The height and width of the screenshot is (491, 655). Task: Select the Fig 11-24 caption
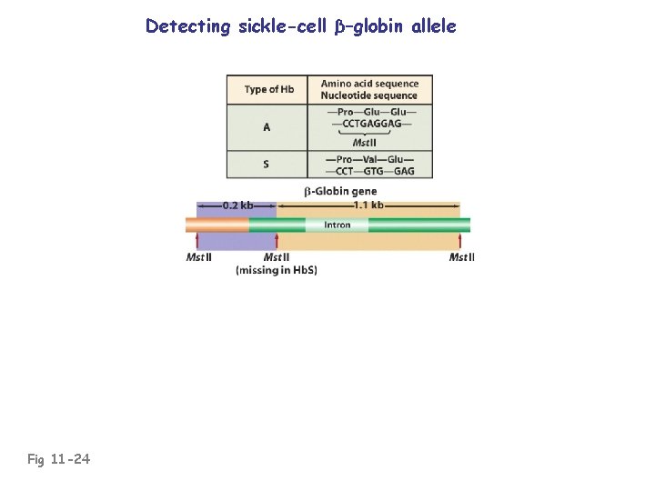(x=58, y=459)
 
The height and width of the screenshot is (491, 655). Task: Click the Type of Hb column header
(x=268, y=90)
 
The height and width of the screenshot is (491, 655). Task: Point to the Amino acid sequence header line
(x=369, y=84)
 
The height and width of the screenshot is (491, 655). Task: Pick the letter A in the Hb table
(x=267, y=127)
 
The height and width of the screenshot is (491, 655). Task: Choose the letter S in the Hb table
(x=267, y=165)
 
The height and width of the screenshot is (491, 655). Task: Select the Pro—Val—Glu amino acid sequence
(x=369, y=159)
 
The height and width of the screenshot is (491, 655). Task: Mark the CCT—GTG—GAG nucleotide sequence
(x=369, y=171)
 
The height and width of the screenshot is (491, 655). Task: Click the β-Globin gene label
(x=339, y=191)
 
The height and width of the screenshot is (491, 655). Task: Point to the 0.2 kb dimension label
(x=238, y=205)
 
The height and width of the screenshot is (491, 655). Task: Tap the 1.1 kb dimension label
(x=368, y=205)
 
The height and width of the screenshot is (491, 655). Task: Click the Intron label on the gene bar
(x=337, y=225)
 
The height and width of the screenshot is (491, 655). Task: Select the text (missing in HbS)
(x=277, y=270)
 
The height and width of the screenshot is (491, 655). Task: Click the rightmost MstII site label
(x=461, y=257)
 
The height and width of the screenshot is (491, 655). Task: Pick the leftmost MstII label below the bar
(x=199, y=257)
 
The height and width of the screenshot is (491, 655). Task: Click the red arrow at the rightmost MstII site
(x=459, y=241)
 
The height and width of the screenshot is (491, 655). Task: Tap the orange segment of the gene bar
(x=217, y=225)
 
